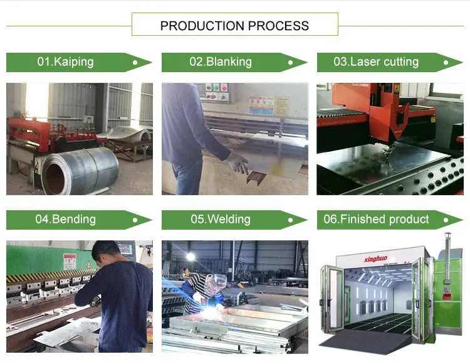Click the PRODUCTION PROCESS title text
click(234, 26)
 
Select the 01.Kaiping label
click(65, 62)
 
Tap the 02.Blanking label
click(221, 62)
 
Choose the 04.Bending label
click(65, 220)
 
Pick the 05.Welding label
click(221, 220)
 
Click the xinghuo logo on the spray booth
click(374, 257)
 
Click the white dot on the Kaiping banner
click(135, 63)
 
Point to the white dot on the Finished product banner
click(446, 220)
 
